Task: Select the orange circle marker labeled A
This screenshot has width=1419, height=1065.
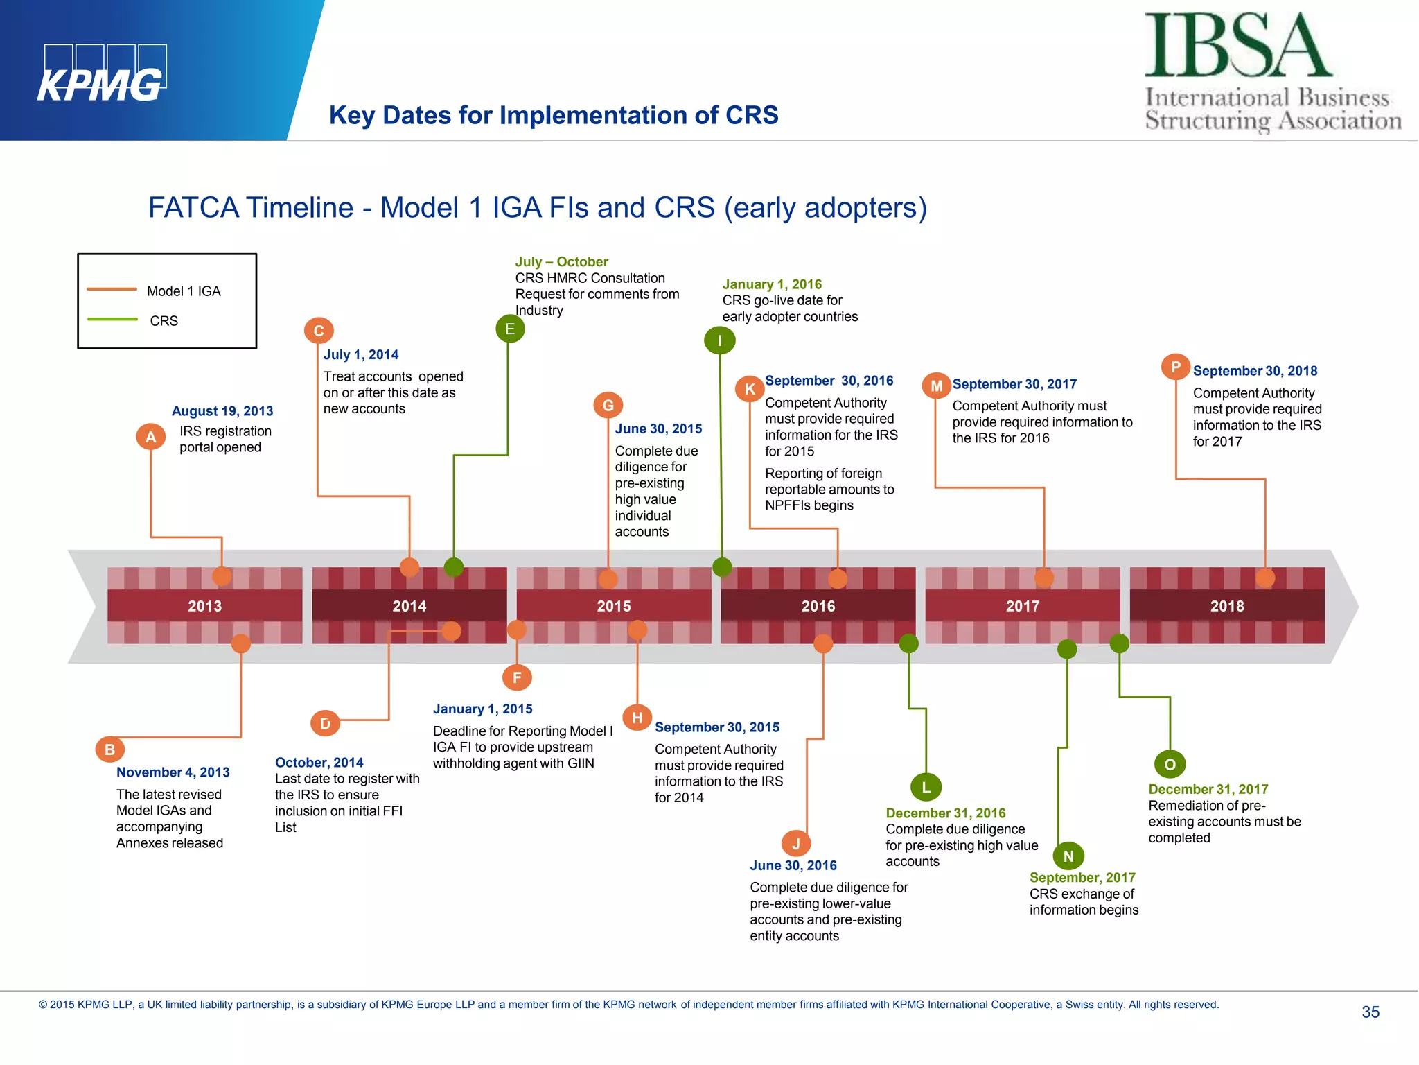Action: coord(150,437)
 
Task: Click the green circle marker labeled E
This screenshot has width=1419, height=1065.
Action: coord(510,329)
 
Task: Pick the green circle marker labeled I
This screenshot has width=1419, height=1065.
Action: coord(719,340)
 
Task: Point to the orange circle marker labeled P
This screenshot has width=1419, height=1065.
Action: coord(1175,367)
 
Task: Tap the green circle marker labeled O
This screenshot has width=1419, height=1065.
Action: coord(1170,764)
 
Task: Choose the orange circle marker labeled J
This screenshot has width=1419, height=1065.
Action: coord(795,843)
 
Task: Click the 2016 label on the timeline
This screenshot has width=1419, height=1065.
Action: coord(818,606)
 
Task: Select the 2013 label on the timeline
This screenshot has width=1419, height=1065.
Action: coord(204,606)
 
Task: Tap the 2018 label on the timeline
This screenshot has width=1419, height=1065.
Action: coord(1226,606)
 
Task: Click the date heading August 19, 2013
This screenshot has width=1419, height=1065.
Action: coord(222,411)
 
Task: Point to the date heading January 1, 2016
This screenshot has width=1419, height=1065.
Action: coord(772,284)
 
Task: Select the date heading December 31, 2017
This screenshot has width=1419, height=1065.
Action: coord(1208,789)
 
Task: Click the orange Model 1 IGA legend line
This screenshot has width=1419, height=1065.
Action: coord(112,289)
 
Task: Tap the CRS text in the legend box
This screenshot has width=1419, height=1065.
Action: coord(164,321)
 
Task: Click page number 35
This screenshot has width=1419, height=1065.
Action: coord(1370,1012)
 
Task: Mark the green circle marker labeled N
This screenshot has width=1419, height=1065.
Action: coord(1068,856)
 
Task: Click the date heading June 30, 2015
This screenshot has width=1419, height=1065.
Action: coord(658,428)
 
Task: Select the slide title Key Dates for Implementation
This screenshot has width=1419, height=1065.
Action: coord(553,115)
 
